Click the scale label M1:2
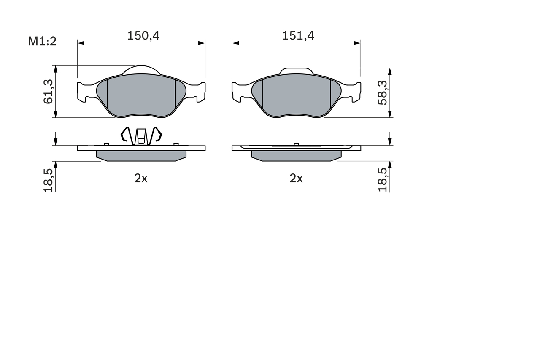point(42,41)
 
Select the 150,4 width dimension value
point(143,36)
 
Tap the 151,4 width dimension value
point(298,36)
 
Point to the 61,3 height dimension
point(48,92)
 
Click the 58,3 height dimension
point(382,93)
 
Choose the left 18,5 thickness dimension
point(48,180)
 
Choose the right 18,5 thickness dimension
point(382,180)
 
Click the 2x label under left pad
point(141,179)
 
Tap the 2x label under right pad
point(296,179)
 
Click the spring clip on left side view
point(141,135)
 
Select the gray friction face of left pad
point(141,96)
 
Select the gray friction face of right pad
point(296,96)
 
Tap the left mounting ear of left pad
point(84,92)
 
